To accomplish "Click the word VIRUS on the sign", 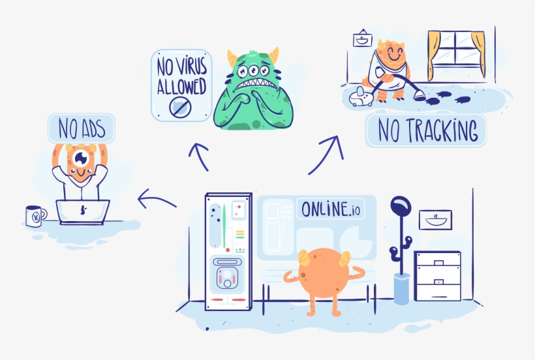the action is click(x=192, y=67).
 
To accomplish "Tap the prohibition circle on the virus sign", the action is click(x=180, y=107).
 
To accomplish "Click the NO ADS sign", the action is click(x=81, y=128).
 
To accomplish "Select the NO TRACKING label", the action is click(x=426, y=130).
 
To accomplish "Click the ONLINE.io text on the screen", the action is click(x=330, y=209).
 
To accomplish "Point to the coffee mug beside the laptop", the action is click(x=36, y=216).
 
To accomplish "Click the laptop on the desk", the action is click(x=83, y=212).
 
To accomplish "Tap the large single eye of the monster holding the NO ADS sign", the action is click(x=81, y=158).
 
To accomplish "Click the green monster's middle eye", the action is click(x=253, y=70).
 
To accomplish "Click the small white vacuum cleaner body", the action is click(x=361, y=97).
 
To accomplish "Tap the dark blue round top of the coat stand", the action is click(x=401, y=206).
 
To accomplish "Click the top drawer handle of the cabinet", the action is click(x=439, y=263).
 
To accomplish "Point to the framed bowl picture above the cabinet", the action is click(x=435, y=220).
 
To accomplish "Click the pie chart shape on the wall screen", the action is click(x=355, y=243).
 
